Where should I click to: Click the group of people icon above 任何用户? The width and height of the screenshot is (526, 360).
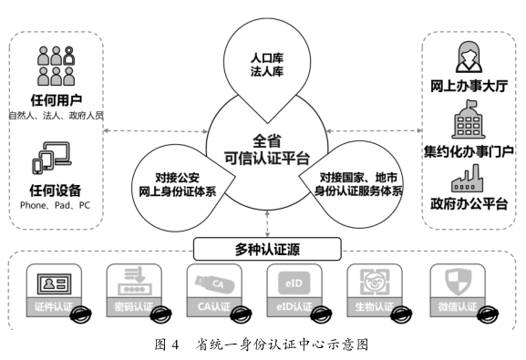(x=56, y=66)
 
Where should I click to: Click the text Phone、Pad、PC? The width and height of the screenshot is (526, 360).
(x=56, y=207)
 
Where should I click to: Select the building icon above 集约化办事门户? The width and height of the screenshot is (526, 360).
(x=469, y=123)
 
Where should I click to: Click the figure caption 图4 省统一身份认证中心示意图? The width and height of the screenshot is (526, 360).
(x=263, y=345)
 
